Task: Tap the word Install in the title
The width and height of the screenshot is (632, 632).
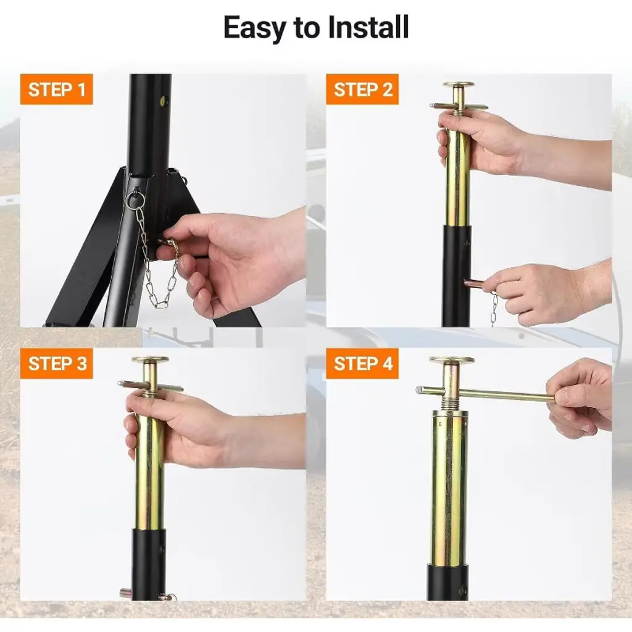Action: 368,27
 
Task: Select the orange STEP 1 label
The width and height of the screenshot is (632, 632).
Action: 56,89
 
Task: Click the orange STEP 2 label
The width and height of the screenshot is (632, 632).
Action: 362,89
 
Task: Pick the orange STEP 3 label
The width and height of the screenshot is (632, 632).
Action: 56,363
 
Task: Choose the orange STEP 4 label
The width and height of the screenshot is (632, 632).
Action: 362,363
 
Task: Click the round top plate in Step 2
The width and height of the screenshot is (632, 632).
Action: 459,85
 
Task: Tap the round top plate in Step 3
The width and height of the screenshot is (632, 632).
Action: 151,359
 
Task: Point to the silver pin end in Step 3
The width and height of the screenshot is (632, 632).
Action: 125,592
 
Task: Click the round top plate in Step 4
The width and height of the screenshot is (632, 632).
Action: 451,360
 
